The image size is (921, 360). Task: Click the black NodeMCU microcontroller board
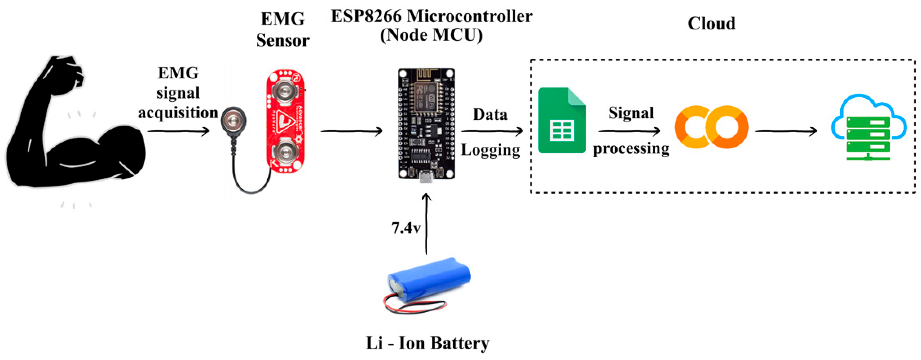(x=426, y=123)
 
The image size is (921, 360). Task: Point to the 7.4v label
(x=406, y=228)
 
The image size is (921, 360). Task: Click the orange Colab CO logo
(x=711, y=127)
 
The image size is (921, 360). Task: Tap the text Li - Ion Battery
(x=427, y=343)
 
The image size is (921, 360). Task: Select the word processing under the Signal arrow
(x=631, y=148)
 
